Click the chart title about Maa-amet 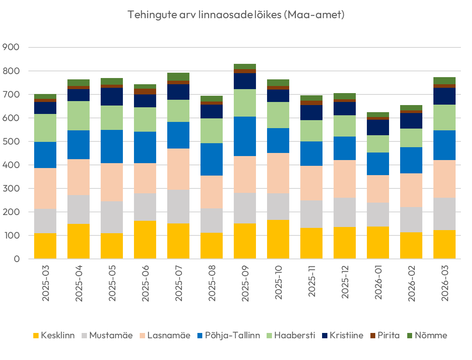[x=236, y=15]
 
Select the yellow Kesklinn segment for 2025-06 [x=145, y=239]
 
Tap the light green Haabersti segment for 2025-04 [x=79, y=116]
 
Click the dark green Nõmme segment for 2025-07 [x=178, y=77]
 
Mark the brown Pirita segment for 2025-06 [x=145, y=91]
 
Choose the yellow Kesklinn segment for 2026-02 [x=411, y=245]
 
